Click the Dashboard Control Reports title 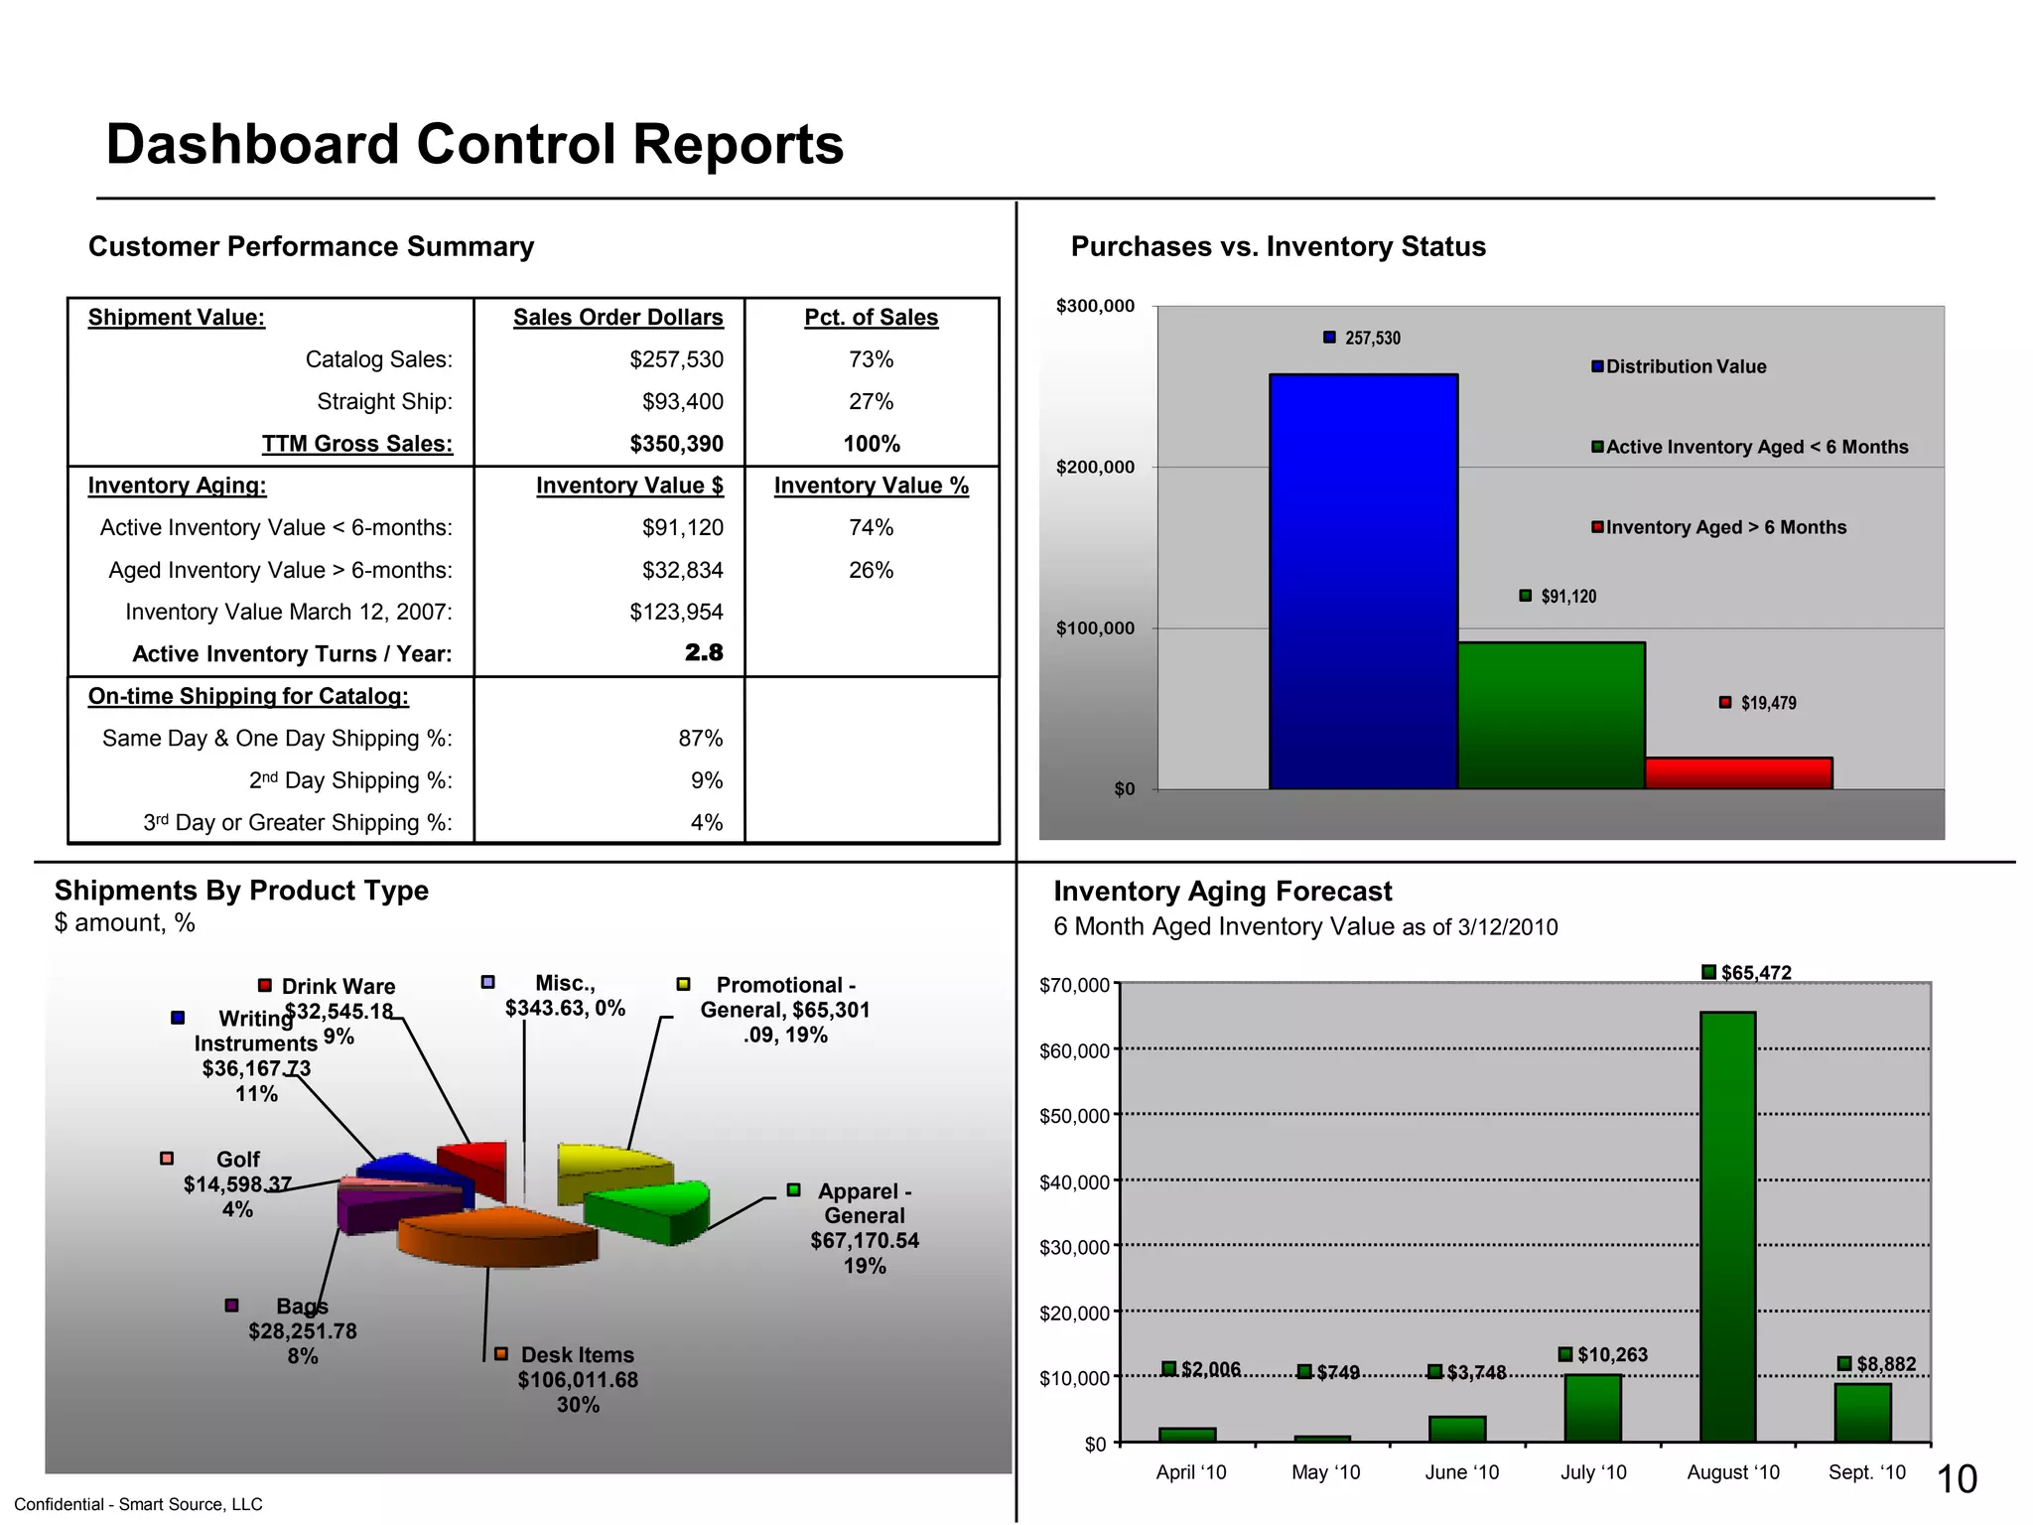pos(474,145)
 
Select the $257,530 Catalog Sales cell pos(676,359)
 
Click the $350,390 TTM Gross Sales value pos(676,444)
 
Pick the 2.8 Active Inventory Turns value pos(703,653)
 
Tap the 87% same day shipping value pos(700,739)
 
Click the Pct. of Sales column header pos(871,318)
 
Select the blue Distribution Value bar pos(1363,581)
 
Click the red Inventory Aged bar pos(1738,773)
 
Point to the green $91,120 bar pos(1551,715)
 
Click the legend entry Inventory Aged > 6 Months pos(1724,527)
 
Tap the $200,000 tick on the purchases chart pos(1095,468)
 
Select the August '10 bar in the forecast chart pos(1727,1226)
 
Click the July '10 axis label pos(1593,1472)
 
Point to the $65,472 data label pos(1755,973)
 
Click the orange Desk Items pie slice pos(496,1236)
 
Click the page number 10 pos(1957,1479)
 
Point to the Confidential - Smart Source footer pos(138,1504)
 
